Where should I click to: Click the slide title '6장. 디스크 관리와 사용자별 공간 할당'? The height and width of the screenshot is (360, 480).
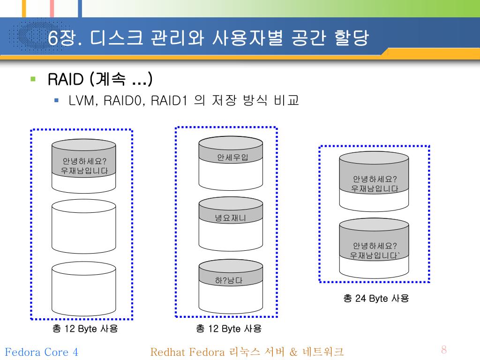(x=208, y=38)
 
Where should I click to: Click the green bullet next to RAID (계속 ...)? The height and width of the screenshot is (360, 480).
(x=33, y=79)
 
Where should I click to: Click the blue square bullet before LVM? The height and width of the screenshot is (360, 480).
(x=56, y=100)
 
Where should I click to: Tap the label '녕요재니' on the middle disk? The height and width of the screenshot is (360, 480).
(x=230, y=217)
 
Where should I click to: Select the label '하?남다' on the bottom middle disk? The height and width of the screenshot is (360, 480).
(x=229, y=281)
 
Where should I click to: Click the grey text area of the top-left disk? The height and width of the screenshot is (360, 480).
(x=84, y=166)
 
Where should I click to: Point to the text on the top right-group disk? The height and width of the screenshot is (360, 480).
(x=375, y=184)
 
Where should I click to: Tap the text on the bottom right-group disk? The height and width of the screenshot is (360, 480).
(x=375, y=251)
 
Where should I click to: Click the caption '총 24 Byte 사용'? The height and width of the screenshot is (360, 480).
(x=376, y=298)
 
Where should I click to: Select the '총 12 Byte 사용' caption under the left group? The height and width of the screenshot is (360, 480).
(x=85, y=329)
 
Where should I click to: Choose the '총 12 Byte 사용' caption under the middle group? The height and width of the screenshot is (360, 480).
(x=229, y=329)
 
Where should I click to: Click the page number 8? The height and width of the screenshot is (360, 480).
(x=444, y=350)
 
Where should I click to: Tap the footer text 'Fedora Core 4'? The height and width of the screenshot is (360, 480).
(x=41, y=352)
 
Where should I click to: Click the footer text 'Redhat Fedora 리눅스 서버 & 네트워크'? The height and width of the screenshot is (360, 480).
(x=247, y=352)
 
